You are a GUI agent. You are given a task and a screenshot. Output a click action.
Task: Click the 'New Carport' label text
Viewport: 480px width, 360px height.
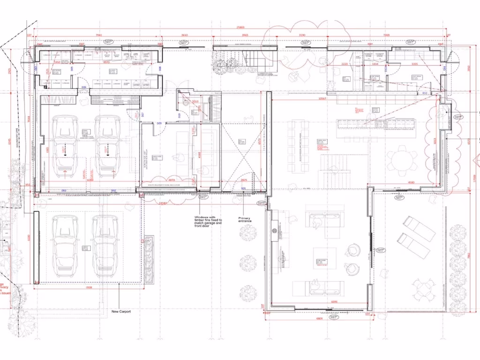point(121,311)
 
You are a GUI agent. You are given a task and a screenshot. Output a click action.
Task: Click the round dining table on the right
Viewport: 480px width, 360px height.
point(401,160)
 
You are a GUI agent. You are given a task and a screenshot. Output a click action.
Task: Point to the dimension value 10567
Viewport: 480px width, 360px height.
point(322,98)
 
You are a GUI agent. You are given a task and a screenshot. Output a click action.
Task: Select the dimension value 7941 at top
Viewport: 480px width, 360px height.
point(99,35)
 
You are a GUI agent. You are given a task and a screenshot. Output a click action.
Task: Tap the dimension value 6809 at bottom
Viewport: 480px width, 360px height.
point(319,318)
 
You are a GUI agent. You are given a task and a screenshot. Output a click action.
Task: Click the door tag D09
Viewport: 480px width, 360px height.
point(159,124)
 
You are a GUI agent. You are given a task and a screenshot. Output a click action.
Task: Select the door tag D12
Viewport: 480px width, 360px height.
point(424,93)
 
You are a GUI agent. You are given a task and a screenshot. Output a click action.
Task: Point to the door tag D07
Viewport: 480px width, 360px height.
point(142,114)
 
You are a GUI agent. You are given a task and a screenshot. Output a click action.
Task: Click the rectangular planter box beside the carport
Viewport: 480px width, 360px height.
point(150,259)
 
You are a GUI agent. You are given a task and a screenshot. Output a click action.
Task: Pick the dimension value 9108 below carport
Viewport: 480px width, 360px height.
point(89,288)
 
